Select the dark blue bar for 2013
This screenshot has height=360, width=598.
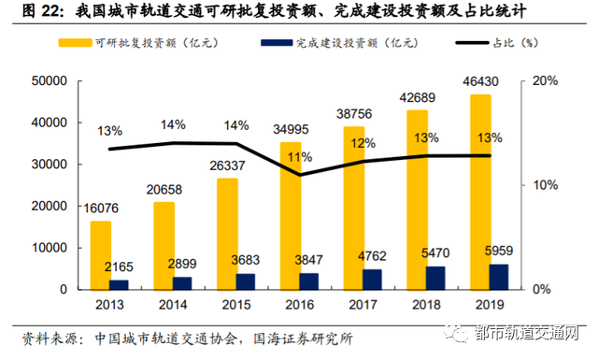119,284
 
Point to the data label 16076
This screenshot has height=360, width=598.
101,209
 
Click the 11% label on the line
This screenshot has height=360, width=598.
300,156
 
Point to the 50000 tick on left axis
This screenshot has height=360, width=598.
44,81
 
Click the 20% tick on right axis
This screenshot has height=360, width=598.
545,81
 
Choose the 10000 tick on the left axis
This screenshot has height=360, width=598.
44,248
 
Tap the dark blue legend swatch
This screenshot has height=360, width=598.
271,43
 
